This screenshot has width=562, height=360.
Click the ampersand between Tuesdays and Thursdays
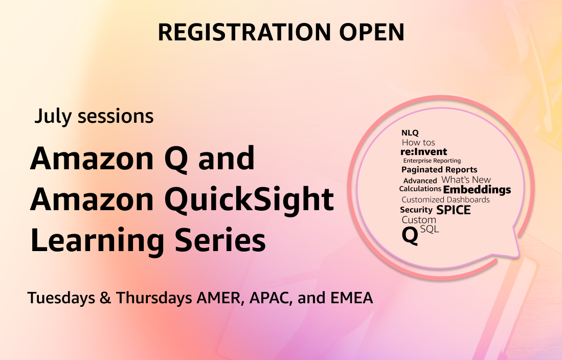(105, 298)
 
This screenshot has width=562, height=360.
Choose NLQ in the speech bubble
(410, 133)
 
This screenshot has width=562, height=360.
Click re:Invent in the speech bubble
(424, 151)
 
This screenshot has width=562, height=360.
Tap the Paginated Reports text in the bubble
(439, 169)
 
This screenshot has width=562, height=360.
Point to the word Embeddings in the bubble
(477, 190)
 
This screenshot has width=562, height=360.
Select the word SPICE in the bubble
(453, 210)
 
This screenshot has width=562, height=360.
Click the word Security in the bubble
(416, 210)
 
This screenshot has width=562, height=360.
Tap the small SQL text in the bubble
(430, 230)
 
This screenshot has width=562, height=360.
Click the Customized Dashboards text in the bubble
(445, 199)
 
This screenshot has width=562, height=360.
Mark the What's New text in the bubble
(466, 179)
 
